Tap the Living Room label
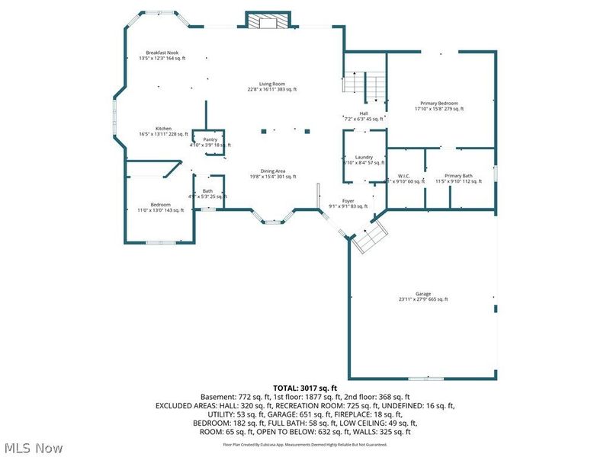[x=271, y=85]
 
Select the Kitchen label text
[x=163, y=129]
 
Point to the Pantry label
[x=210, y=139]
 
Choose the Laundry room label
[x=364, y=157]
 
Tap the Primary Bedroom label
[x=439, y=104]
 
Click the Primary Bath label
[x=459, y=176]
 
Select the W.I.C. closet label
[x=405, y=176]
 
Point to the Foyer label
[x=348, y=201]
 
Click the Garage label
[x=423, y=294]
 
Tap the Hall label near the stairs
[x=364, y=113]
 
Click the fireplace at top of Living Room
[x=268, y=21]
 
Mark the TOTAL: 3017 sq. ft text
[x=305, y=388]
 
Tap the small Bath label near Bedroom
[x=207, y=191]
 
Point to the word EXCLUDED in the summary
[x=174, y=405]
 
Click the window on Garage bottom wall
[x=425, y=379]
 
